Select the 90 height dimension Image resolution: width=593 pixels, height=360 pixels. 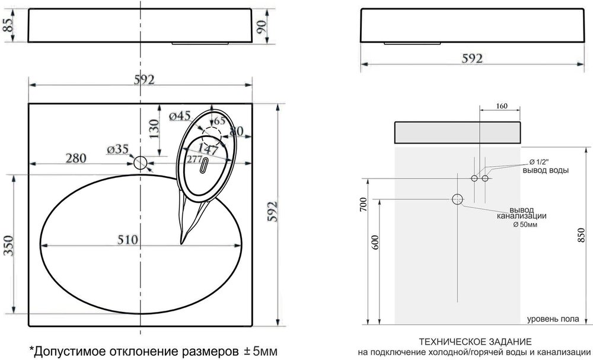(x=262, y=26)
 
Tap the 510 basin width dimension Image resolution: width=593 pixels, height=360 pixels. (x=127, y=240)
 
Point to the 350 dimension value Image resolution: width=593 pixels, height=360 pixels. (x=9, y=246)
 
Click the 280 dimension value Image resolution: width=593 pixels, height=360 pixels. (x=76, y=158)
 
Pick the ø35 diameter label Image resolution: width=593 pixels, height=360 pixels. (x=117, y=149)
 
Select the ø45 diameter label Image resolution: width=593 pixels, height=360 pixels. (x=180, y=116)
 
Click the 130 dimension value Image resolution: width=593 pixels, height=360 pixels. (x=154, y=129)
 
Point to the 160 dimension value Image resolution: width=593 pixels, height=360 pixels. (x=502, y=106)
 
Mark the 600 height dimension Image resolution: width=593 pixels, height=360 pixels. (x=375, y=243)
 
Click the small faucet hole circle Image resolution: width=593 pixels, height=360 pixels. (x=141, y=163)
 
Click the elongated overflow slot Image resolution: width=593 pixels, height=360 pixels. (x=204, y=165)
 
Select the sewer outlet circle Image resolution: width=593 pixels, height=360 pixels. (x=458, y=199)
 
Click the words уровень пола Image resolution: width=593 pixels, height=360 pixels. (x=553, y=319)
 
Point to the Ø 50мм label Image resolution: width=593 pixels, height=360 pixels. (x=525, y=225)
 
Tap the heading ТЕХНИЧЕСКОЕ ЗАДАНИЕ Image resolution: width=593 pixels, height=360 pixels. (x=476, y=342)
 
